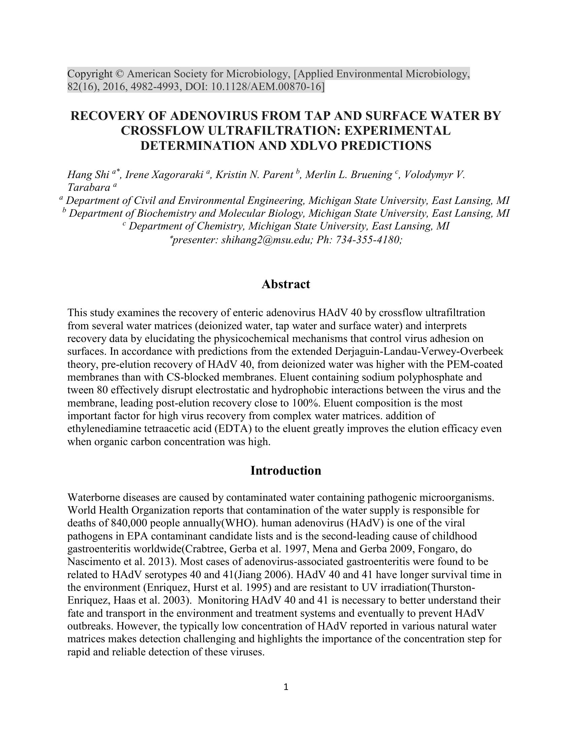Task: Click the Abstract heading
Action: [286, 284]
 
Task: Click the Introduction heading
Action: [286, 471]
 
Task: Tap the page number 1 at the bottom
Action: [286, 687]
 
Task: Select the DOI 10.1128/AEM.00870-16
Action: [267, 87]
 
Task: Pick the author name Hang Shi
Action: [88, 175]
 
